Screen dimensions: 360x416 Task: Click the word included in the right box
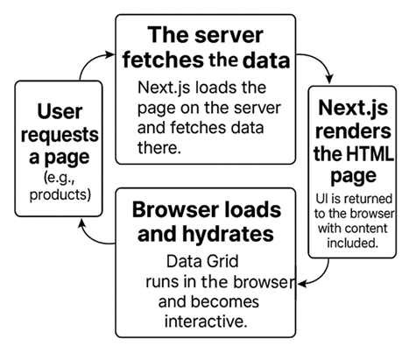(x=354, y=243)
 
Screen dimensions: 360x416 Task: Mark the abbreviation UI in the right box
(x=321, y=201)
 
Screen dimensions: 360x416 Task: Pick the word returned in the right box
(x=365, y=201)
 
